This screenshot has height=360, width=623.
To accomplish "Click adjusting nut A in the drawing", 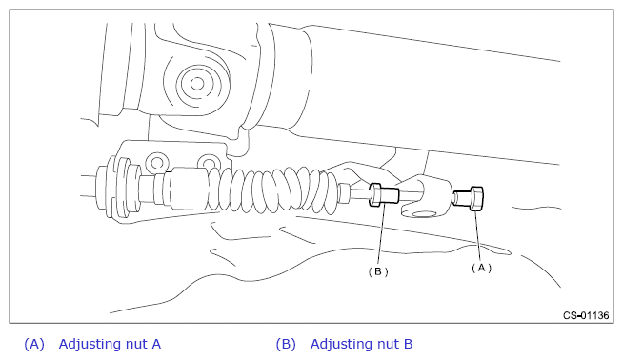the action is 469,198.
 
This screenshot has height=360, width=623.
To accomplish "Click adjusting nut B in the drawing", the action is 383,194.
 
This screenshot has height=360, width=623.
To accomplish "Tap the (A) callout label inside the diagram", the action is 481,268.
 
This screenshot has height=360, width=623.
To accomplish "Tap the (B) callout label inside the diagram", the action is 378,271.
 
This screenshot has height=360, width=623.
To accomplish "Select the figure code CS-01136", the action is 586,315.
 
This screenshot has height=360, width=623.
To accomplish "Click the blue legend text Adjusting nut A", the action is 110,344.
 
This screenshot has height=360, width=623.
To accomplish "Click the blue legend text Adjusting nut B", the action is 361,344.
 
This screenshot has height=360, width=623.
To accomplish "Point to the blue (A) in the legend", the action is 34,344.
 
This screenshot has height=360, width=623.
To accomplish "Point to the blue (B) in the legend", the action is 286,344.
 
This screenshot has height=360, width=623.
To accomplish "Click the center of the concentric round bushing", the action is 197,84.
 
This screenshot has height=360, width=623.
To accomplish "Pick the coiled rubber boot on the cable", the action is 274,189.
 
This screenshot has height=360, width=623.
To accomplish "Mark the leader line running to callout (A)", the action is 478,236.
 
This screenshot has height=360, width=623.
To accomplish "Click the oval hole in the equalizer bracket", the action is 424,214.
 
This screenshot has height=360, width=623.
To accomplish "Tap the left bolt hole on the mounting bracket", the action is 157,163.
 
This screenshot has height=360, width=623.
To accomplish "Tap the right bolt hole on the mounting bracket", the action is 208,163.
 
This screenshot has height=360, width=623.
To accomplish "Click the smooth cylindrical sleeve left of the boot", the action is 187,188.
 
